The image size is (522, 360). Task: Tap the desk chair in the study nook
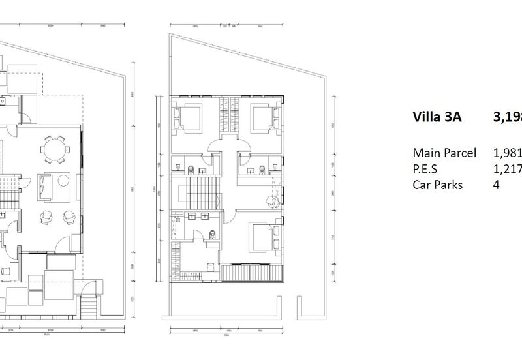(x=268, y=202)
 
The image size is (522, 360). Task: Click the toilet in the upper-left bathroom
(x=189, y=170)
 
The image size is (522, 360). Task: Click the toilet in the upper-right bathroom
(x=260, y=170)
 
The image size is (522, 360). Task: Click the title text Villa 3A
(x=438, y=117)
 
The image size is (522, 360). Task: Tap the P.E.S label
(x=426, y=169)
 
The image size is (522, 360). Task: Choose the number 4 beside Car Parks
(x=497, y=185)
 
